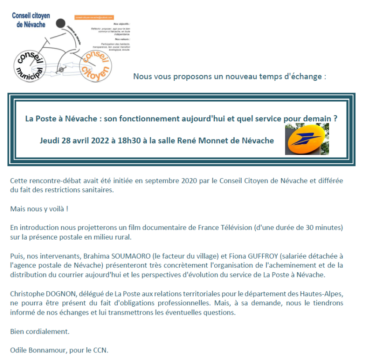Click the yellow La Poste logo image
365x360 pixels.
click(307, 139)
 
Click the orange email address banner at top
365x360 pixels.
click(97, 17)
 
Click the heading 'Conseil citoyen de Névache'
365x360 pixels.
click(31, 20)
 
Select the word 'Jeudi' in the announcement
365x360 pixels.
click(49, 141)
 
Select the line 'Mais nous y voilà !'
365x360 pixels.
click(39, 209)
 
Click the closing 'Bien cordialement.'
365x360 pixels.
click(40, 331)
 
